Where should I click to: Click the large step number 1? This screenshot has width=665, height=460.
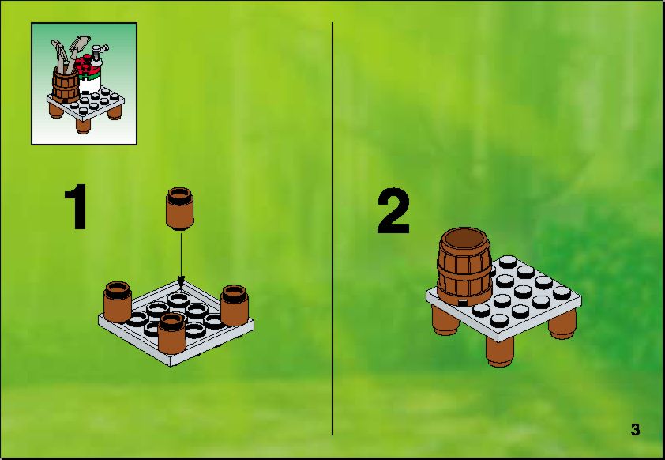[77, 206]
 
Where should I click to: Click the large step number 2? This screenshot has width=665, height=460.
[393, 211]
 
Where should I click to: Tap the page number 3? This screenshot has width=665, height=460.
[635, 429]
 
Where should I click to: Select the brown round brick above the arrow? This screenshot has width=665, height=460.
[180, 209]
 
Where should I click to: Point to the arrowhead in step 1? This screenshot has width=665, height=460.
[181, 283]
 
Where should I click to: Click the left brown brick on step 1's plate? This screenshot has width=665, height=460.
[117, 301]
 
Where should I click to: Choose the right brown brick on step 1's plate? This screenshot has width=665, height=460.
[235, 305]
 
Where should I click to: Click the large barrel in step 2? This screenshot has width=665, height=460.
[465, 266]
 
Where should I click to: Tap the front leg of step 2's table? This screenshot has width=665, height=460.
[500, 352]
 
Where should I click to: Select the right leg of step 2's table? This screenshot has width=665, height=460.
[562, 324]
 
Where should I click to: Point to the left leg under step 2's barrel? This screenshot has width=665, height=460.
[445, 321]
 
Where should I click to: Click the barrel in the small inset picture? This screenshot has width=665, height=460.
[66, 85]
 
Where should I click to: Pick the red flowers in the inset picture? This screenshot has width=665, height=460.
[87, 64]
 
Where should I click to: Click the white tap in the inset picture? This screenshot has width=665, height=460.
[100, 55]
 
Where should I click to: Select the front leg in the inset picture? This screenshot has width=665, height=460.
[83, 126]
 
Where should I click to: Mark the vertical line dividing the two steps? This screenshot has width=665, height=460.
[332, 228]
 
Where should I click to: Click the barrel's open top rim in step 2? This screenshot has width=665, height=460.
[464, 239]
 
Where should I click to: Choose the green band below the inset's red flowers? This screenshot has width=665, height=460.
[90, 76]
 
